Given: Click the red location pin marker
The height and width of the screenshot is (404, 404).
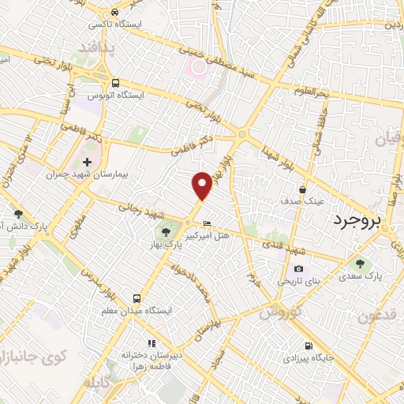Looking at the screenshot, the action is coord(203,185).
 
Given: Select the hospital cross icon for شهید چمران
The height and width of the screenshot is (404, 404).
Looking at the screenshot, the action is coord(86,163).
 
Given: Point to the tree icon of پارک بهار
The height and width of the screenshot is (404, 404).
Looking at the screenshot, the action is coord(166,231).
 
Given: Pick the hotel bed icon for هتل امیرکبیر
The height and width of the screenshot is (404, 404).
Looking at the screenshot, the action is coord(207,223).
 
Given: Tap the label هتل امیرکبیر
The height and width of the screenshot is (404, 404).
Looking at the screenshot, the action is coord(207,235).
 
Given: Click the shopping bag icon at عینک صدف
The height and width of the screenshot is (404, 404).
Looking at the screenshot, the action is coord(303,189).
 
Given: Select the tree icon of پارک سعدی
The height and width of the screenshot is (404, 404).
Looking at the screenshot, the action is coord(361,264).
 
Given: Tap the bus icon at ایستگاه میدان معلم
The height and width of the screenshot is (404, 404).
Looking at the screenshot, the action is coord(137,298).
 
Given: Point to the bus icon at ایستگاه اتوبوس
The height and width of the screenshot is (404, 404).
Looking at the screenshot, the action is coord(116,83).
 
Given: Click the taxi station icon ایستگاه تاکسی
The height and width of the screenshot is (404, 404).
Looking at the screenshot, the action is coord(116,13).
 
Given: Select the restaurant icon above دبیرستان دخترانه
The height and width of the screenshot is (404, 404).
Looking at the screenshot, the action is coord(151,343).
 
